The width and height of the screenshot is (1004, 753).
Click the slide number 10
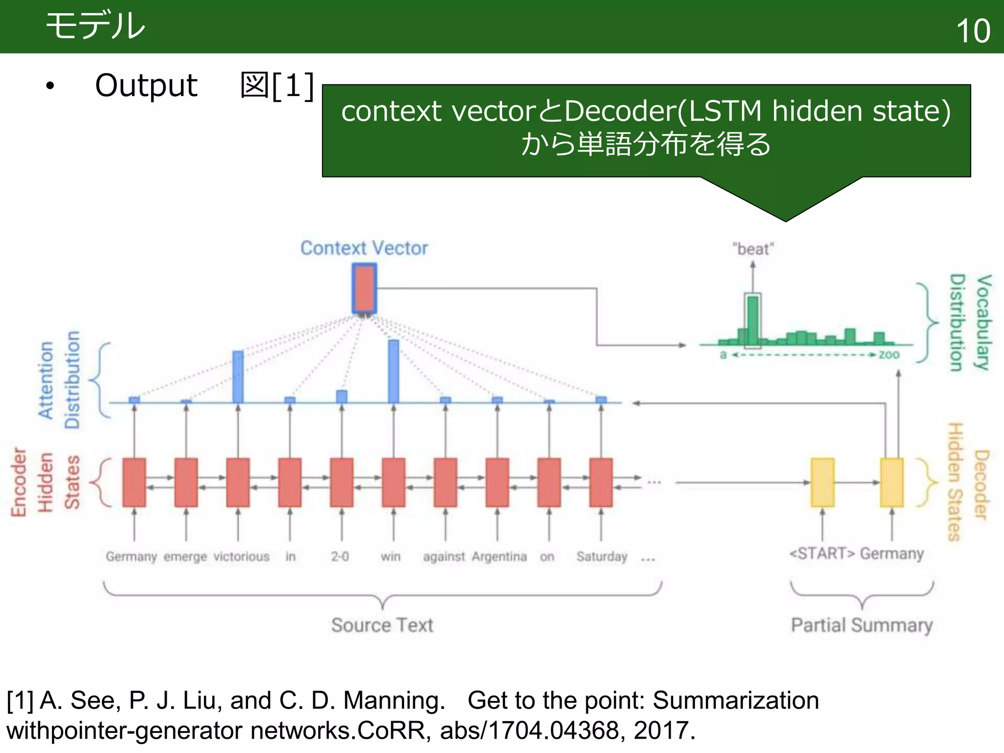coord(973,30)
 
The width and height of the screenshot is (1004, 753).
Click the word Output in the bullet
coord(146,86)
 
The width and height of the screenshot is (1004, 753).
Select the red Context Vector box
coord(364,288)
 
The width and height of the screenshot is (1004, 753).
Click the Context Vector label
coord(364,248)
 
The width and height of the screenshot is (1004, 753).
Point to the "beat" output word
coord(753,249)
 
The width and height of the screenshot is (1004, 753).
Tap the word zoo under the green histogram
coord(889,354)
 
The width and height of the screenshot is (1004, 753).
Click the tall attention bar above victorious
coord(238,376)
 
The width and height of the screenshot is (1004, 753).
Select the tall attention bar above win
coord(393,371)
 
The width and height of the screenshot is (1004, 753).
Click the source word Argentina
coord(499,557)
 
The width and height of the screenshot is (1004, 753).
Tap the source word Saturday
coord(602,557)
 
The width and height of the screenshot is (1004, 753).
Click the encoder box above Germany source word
coord(134,482)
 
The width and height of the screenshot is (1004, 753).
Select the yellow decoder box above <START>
coord(822,482)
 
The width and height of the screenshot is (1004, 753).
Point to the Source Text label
coord(382,625)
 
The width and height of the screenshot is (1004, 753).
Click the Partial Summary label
coord(861,625)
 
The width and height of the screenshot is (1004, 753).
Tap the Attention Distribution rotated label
coord(59,380)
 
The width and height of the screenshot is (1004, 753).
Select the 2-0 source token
coord(340,557)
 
